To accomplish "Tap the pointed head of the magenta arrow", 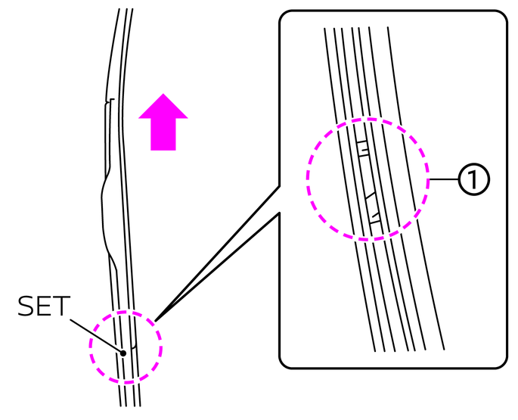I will [163, 106].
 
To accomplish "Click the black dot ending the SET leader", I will [122, 353].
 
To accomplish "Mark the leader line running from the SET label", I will [95, 332].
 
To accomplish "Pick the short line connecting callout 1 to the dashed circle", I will [444, 179].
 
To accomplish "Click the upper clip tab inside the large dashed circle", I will [362, 148].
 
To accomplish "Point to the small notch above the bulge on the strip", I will [110, 101].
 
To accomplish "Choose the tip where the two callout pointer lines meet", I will [155, 317].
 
